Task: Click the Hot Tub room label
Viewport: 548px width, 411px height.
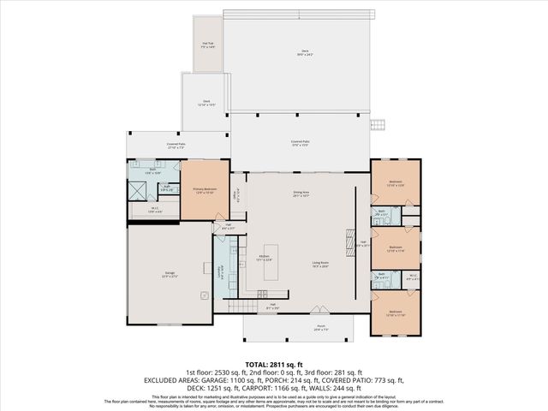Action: click(x=207, y=45)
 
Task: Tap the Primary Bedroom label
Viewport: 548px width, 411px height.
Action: click(x=205, y=190)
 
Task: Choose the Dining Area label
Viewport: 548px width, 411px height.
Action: click(x=301, y=194)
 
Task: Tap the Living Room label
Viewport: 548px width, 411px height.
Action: click(x=321, y=265)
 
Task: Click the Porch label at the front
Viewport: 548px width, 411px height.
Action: click(x=297, y=328)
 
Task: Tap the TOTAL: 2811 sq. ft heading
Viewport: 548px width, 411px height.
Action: click(x=274, y=364)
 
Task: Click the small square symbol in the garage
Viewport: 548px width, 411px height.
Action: click(x=203, y=295)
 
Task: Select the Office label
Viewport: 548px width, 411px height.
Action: click(x=235, y=194)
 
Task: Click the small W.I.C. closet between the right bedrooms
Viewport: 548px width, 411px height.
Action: click(x=412, y=277)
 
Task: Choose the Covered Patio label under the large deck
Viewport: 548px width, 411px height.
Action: click(x=300, y=143)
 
